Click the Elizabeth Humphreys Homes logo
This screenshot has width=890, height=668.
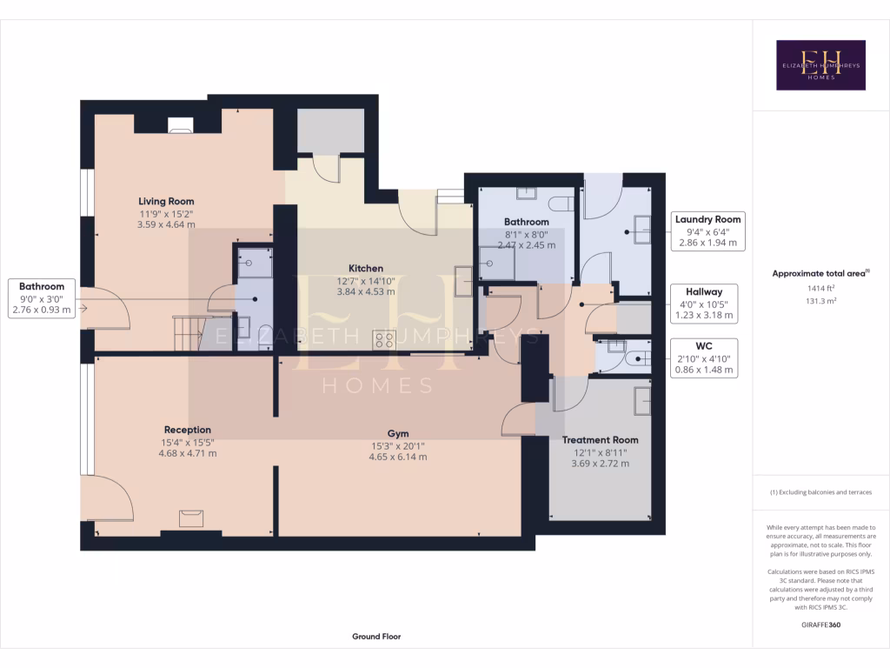tap(820, 65)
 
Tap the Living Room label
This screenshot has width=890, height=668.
tap(166, 202)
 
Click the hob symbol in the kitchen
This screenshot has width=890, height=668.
tap(384, 339)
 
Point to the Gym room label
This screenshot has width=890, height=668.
tap(398, 433)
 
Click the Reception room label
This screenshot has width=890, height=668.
tap(188, 430)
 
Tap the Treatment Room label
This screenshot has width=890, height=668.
tap(600, 440)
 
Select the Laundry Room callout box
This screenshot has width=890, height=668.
tap(708, 231)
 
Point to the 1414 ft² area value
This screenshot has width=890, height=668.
tap(820, 288)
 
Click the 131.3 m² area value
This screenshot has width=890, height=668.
tap(820, 302)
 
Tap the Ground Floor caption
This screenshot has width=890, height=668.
tap(376, 637)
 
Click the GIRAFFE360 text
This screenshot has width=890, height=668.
tap(820, 625)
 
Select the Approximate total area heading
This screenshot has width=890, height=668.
tap(820, 273)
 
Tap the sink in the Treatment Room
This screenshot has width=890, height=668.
tap(642, 400)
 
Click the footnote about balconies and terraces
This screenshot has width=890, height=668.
tap(820, 492)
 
